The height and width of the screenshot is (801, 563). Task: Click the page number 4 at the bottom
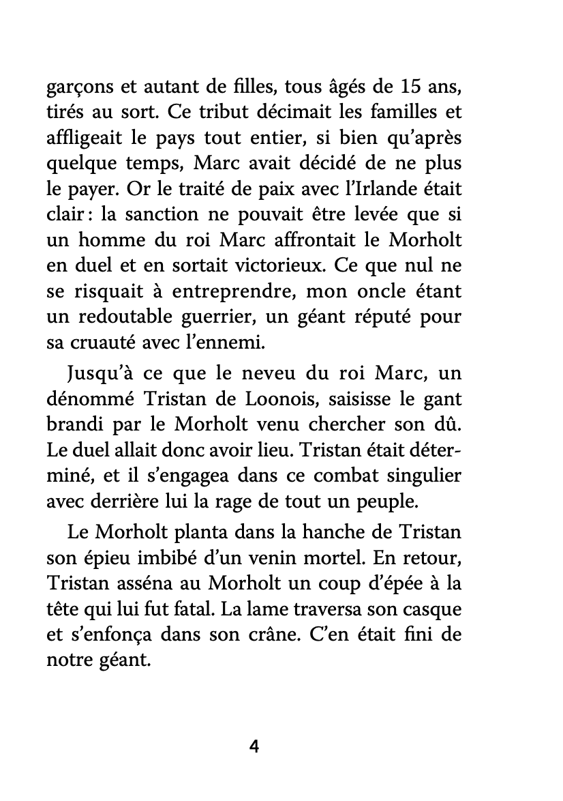coord(254,746)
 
